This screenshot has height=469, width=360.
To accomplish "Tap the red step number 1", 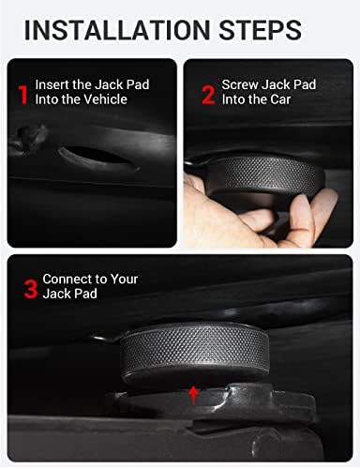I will coord(23,94).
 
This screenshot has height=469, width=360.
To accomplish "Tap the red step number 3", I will coord(30,288).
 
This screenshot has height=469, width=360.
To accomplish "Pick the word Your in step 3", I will coord(122,280).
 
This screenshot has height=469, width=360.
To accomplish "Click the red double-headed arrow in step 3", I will coord(193,392).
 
